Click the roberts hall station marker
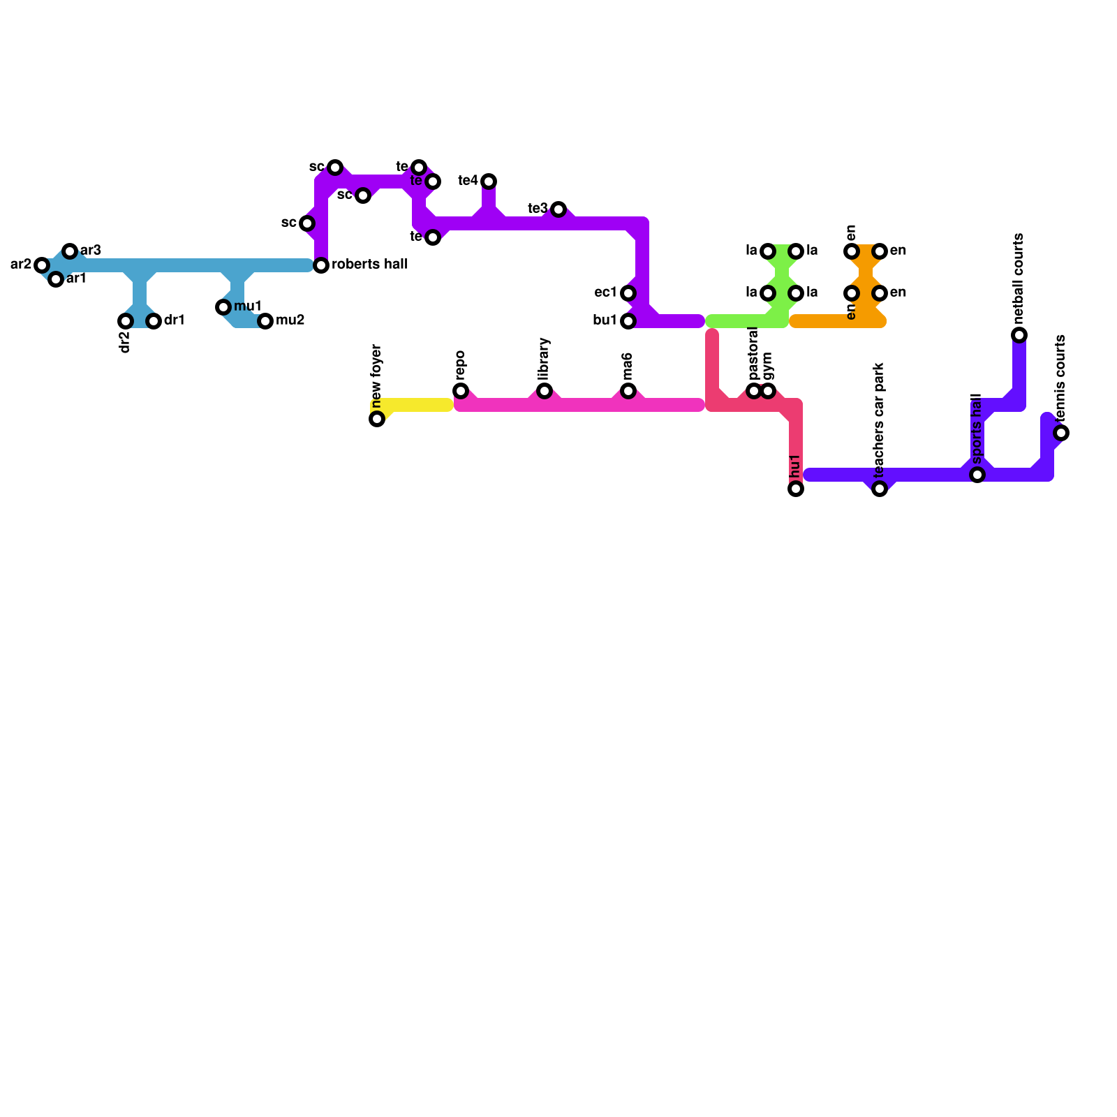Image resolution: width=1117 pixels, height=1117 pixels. coord(321,265)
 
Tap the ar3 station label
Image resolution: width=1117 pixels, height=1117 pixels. coord(91,251)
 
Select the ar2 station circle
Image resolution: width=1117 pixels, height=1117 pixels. coord(42,265)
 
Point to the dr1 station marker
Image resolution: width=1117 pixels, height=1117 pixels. coord(154,321)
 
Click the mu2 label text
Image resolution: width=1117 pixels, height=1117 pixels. coord(290,320)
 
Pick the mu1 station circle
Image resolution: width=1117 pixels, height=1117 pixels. coord(223,307)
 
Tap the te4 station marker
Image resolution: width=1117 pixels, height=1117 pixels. coord(489,182)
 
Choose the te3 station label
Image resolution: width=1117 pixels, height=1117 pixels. coord(538,209)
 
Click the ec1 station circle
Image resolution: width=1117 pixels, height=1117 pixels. coord(628,293)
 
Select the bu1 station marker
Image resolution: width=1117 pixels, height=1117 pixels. coord(628,321)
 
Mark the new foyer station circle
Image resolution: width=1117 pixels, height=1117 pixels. coord(377,419)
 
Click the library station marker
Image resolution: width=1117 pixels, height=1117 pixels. coord(545,391)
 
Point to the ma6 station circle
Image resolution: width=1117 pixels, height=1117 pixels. coord(628,391)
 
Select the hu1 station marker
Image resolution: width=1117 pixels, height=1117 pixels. coord(796,489)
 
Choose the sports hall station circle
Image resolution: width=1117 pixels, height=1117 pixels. coord(977,475)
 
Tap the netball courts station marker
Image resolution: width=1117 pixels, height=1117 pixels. coord(1019,335)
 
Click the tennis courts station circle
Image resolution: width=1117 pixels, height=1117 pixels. coord(1061,433)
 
